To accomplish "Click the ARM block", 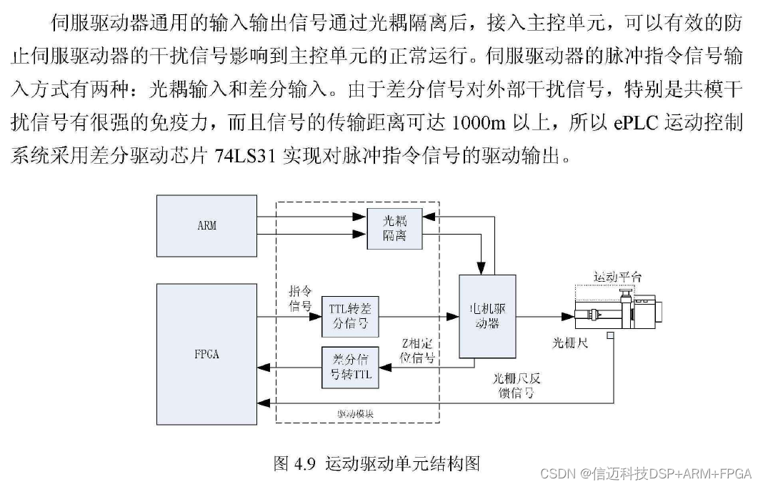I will coord(206,225).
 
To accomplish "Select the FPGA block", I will coord(206,355).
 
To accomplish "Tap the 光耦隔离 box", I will coord(394,228).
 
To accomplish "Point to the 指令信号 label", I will coord(299,299).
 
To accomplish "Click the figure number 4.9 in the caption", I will coord(304,463).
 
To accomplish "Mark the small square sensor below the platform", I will coord(611,336).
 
